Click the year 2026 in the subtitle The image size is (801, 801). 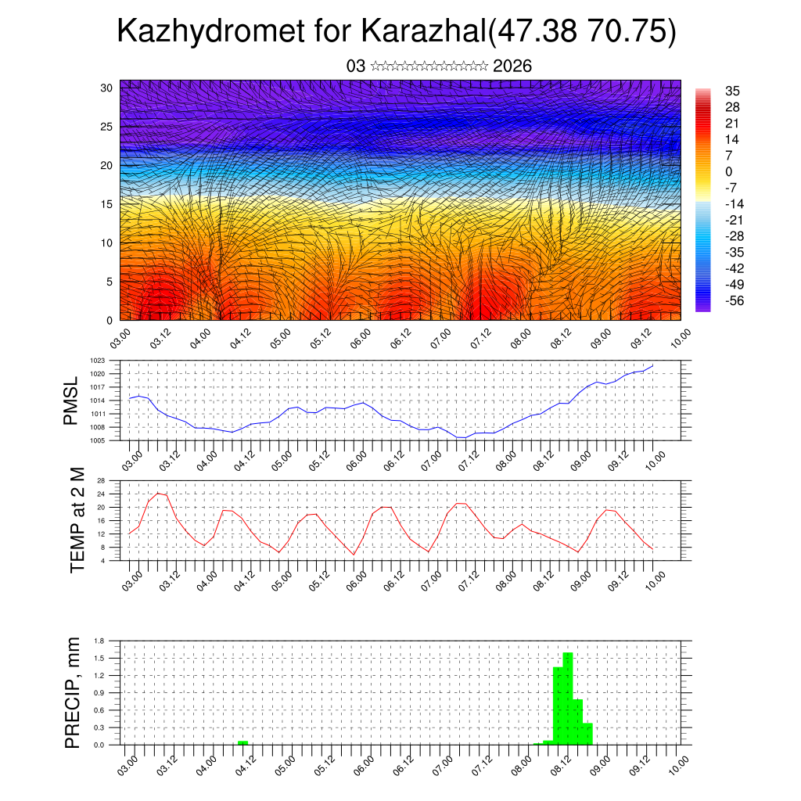(512, 66)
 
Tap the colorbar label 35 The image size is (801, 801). (733, 92)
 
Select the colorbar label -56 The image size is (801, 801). (735, 300)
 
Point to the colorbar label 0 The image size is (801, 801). (729, 172)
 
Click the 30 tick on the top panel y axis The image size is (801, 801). (108, 88)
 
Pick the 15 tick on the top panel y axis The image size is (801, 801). (108, 204)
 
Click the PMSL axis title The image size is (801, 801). (71, 400)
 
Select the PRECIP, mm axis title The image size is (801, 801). (73, 692)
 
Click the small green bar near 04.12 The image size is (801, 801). (242, 742)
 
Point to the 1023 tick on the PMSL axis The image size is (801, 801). (97, 361)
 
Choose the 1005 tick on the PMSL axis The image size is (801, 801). (97, 440)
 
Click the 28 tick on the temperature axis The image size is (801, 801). (101, 480)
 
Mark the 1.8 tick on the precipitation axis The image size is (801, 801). (99, 641)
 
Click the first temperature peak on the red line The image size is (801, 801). (159, 493)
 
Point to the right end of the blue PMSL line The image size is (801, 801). (652, 365)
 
